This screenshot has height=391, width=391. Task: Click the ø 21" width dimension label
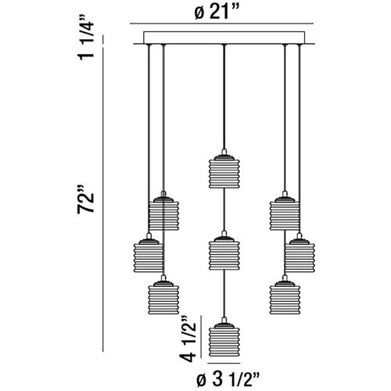(217, 12)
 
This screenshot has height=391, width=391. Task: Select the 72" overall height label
(85, 199)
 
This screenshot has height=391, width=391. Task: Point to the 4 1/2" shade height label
(188, 339)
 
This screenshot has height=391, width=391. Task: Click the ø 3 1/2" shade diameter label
(228, 380)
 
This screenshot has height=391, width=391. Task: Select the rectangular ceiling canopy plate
(224, 38)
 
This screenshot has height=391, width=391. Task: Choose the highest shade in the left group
(163, 213)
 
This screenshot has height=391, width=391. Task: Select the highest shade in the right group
(285, 213)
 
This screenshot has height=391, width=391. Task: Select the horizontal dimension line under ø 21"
(221, 24)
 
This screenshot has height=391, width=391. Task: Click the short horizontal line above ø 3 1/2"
(224, 363)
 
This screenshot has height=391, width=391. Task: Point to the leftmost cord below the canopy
(149, 138)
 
